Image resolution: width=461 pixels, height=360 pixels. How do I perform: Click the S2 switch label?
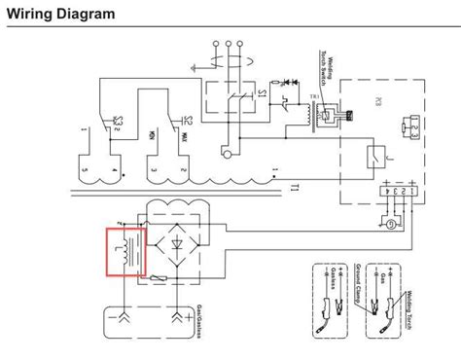[x=119, y=122]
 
